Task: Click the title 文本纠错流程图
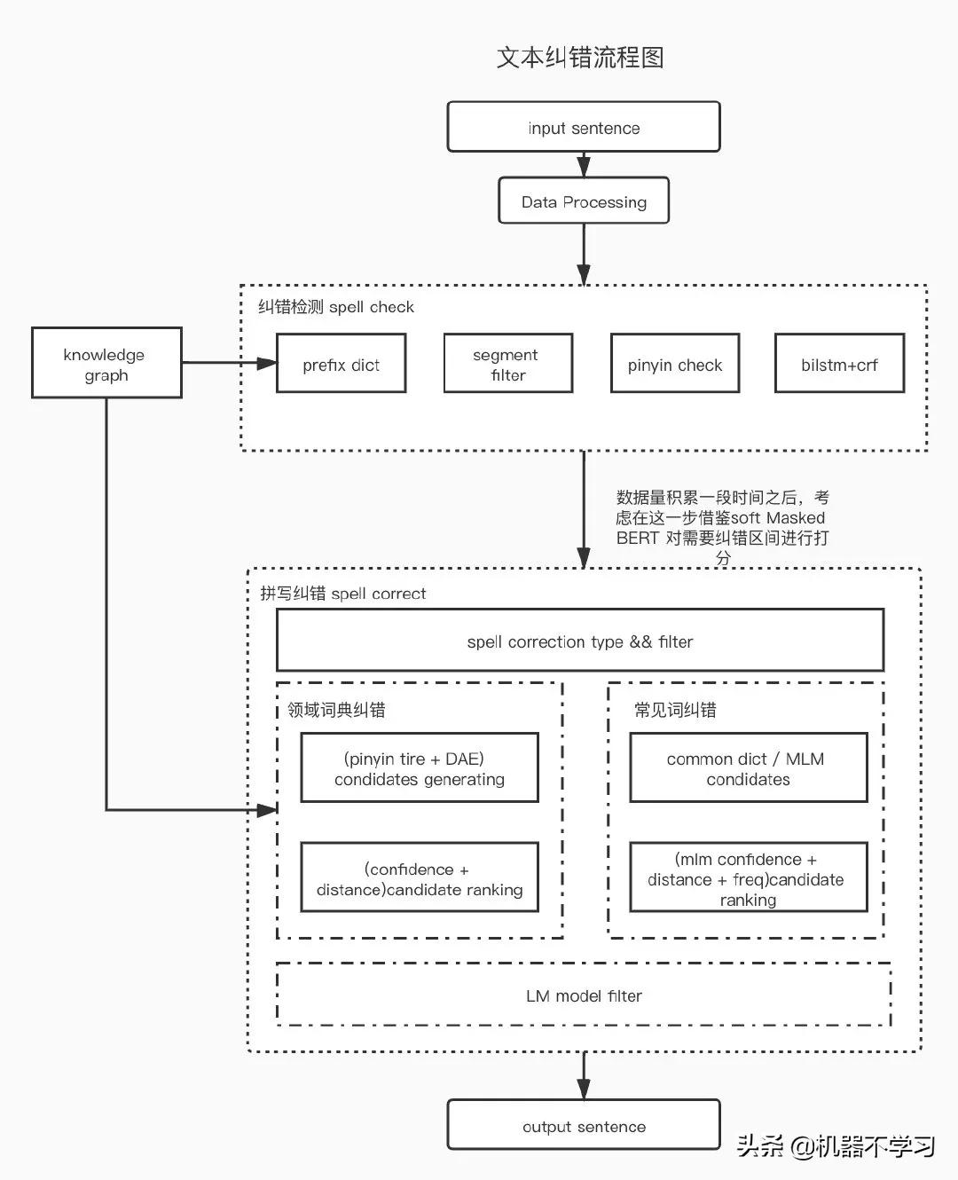(x=580, y=58)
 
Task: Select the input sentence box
(x=583, y=127)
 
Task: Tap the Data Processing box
(x=583, y=201)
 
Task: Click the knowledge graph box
(x=106, y=363)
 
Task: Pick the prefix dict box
(x=341, y=364)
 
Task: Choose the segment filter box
(x=507, y=364)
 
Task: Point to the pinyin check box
(x=674, y=364)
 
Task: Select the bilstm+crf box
(x=839, y=364)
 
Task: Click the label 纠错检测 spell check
(x=335, y=307)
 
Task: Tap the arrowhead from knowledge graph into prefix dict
(x=267, y=363)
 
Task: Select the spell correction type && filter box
(x=580, y=641)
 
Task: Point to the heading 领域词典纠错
(x=336, y=710)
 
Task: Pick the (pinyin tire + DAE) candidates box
(x=420, y=768)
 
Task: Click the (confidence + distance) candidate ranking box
(x=420, y=878)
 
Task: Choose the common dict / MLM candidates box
(x=748, y=768)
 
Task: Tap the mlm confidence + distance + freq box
(x=748, y=878)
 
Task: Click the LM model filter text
(x=584, y=995)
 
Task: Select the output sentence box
(x=583, y=1126)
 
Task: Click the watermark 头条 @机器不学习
(x=836, y=1146)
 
